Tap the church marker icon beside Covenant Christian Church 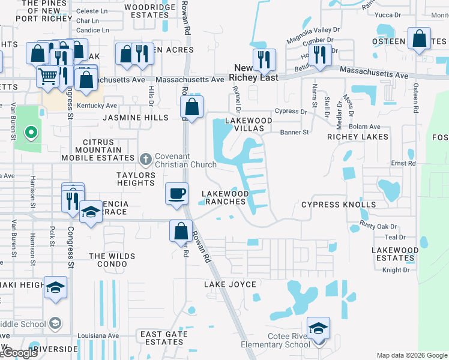[145, 160]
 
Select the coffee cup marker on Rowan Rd [176, 194]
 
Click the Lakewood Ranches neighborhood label [225, 197]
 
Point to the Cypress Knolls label [339, 205]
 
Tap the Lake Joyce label [230, 284]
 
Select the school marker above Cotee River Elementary [318, 329]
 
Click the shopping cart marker [47, 76]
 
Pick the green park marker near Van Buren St [30, 132]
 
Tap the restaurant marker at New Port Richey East [264, 60]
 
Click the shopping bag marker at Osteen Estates [419, 39]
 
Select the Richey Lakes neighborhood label [358, 137]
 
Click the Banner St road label [295, 132]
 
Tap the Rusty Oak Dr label [379, 226]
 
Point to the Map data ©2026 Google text [411, 355]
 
